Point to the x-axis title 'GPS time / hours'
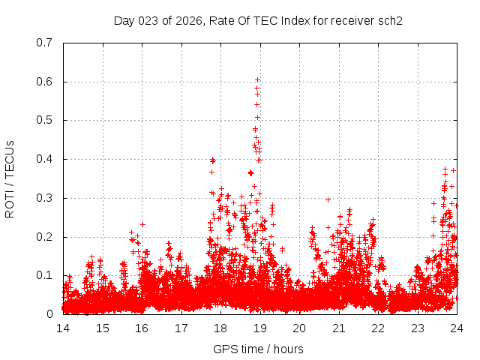click(259, 349)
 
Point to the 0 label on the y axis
click(49, 314)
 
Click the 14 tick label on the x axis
click(63, 328)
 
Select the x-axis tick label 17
click(181, 328)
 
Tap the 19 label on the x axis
click(260, 328)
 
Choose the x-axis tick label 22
click(378, 328)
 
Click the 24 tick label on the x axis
click(457, 328)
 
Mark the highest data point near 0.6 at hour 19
click(257, 79)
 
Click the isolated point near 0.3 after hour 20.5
click(328, 199)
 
